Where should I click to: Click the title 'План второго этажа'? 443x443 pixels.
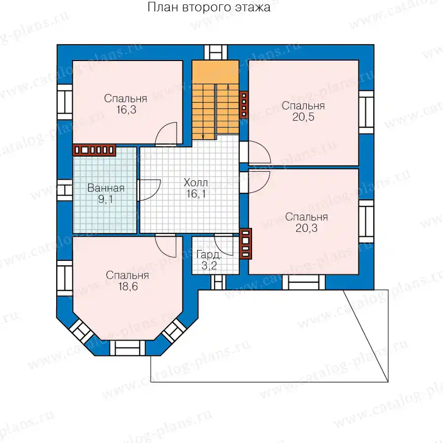[x=209, y=7]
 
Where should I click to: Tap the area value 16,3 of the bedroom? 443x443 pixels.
[x=127, y=110]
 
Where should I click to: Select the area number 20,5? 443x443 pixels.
[x=303, y=117]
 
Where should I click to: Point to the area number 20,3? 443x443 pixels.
[x=307, y=228]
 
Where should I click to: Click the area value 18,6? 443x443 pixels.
[x=128, y=286]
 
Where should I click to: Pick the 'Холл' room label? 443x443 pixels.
[x=195, y=183]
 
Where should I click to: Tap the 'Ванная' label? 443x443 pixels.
[x=106, y=188]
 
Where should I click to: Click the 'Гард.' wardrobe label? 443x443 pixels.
[x=209, y=255]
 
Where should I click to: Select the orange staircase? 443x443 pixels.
[x=216, y=100]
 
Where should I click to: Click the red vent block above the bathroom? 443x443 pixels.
[x=94, y=150]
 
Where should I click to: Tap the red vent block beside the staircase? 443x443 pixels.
[x=244, y=104]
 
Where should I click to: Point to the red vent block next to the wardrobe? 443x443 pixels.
[x=245, y=244]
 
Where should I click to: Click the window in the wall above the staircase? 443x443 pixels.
[x=216, y=52]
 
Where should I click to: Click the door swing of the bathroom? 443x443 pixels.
[x=149, y=190]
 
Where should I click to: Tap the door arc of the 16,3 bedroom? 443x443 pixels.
[x=166, y=133]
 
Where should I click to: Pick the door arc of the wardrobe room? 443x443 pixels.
[x=223, y=245]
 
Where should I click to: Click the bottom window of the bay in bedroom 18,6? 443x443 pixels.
[x=127, y=348]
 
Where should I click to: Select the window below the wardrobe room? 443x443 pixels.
[x=219, y=282]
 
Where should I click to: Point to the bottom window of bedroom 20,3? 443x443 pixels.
[x=304, y=282]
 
